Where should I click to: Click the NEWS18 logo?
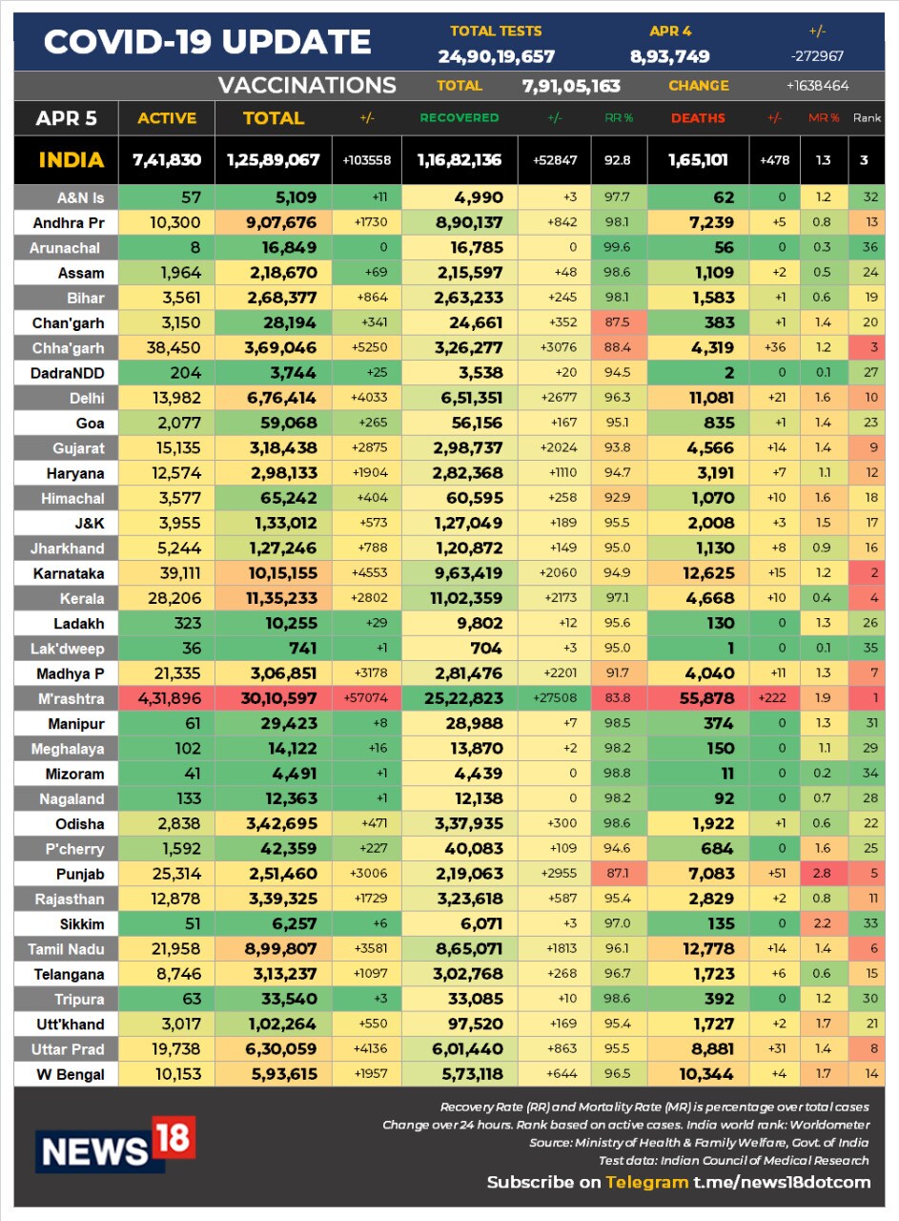pyautogui.click(x=115, y=1144)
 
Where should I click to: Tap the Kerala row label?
pyautogui.click(x=82, y=598)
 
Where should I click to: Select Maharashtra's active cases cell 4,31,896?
pyautogui.click(x=170, y=698)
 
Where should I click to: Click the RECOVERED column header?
pyautogui.click(x=460, y=117)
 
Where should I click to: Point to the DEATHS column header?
pyautogui.click(x=698, y=117)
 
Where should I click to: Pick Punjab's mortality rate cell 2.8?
pyautogui.click(x=822, y=873)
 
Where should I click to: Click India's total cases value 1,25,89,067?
pyautogui.click(x=273, y=159)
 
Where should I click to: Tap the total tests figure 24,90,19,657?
pyautogui.click(x=497, y=56)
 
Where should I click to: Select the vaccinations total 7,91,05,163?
pyautogui.click(x=571, y=86)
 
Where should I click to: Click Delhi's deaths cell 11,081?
pyautogui.click(x=711, y=398)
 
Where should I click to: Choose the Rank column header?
pyautogui.click(x=867, y=117)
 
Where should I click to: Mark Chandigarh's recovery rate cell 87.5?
pyautogui.click(x=617, y=322)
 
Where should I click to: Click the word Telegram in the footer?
pyautogui.click(x=646, y=1182)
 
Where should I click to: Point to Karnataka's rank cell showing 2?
pyautogui.click(x=874, y=573)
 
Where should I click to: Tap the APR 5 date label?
pyautogui.click(x=66, y=117)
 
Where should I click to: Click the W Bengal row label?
pyautogui.click(x=71, y=1074)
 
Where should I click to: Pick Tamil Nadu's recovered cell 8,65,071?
pyautogui.click(x=469, y=948)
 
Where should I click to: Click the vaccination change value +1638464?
pyautogui.click(x=817, y=86)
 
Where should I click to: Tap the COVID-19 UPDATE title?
pyautogui.click(x=207, y=41)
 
